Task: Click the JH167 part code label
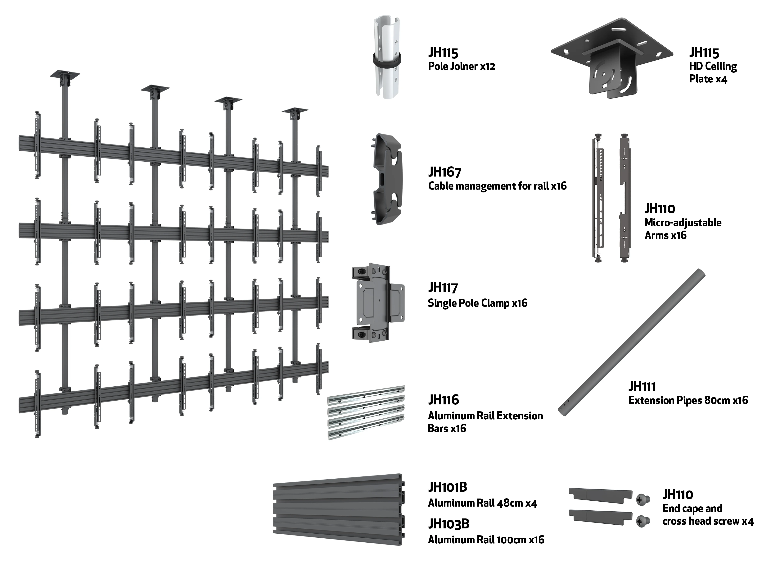445,172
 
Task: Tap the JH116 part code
444,400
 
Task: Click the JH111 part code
642,386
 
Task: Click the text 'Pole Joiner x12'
462,66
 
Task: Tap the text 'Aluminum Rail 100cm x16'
486,540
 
